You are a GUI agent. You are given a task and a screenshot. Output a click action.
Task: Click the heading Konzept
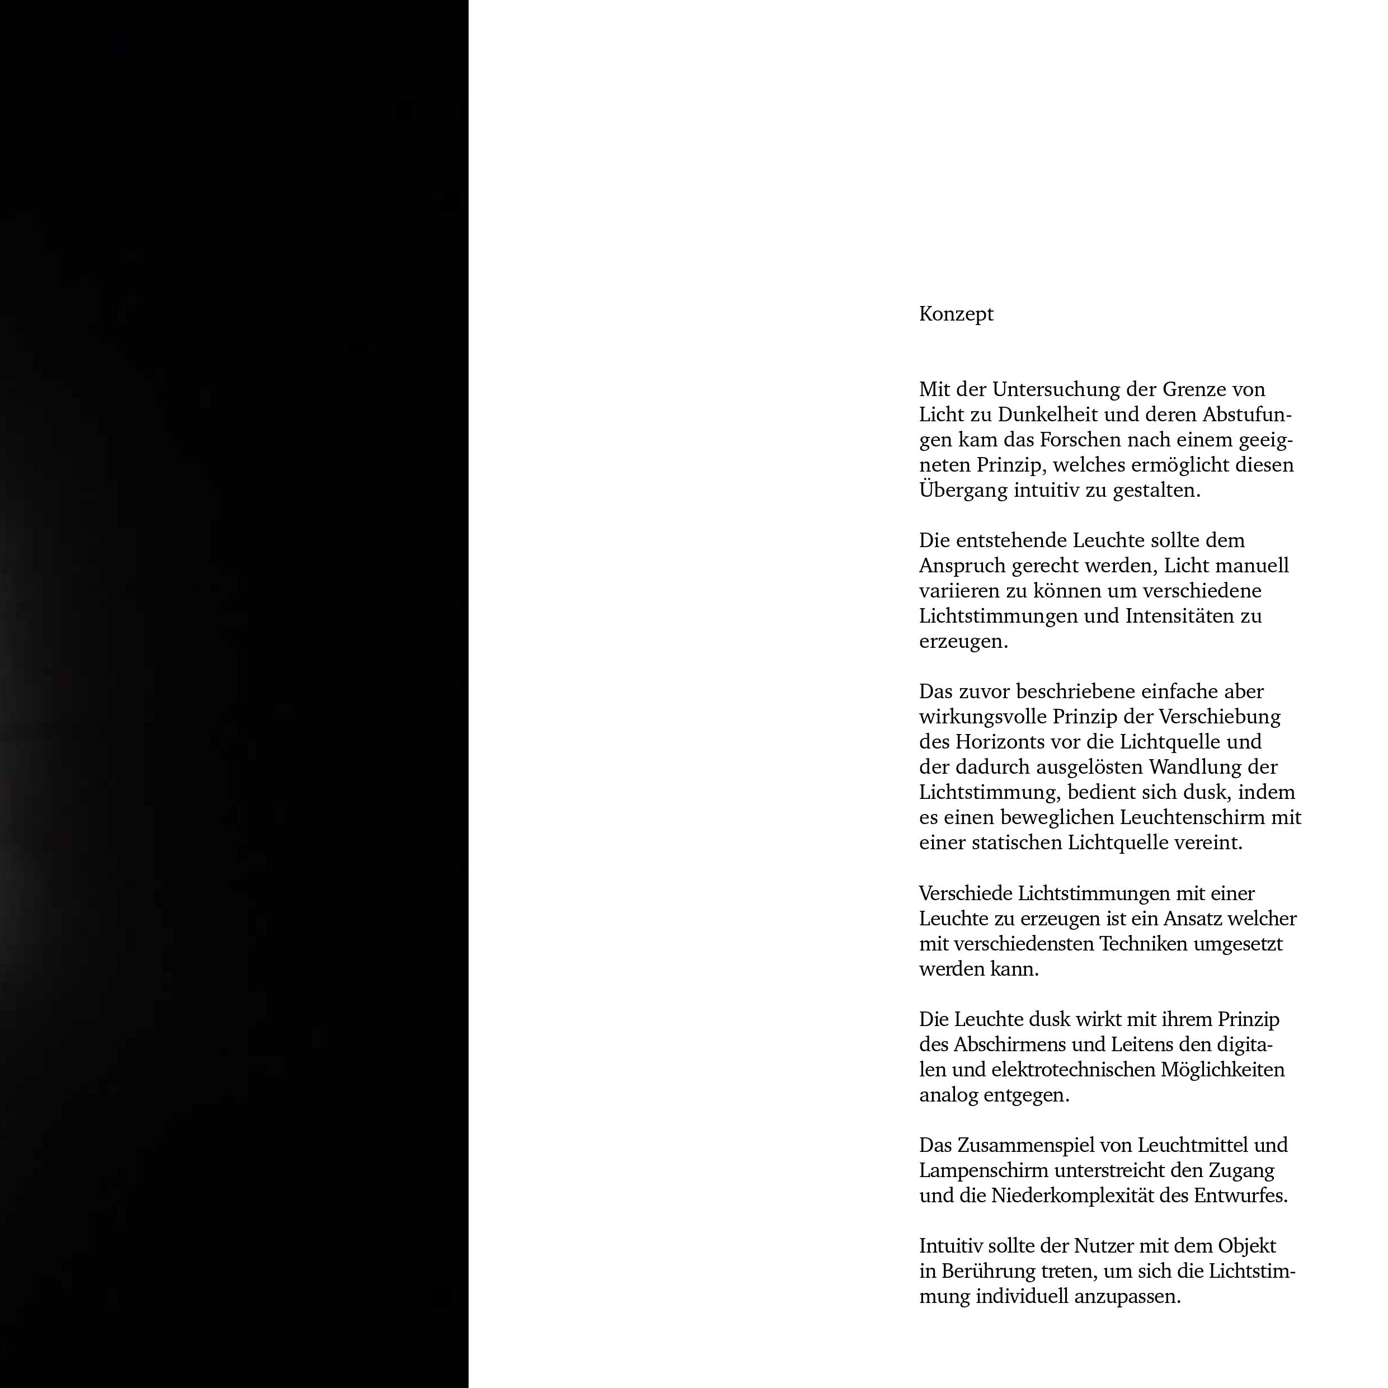point(956,314)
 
